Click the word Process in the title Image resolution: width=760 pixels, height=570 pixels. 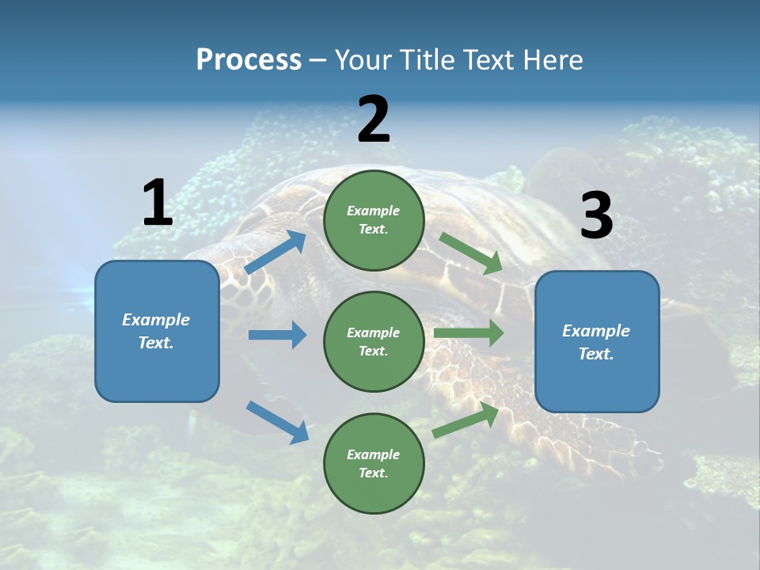(x=249, y=60)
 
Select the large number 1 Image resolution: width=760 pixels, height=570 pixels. (x=158, y=203)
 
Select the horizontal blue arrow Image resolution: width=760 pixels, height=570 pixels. (x=277, y=335)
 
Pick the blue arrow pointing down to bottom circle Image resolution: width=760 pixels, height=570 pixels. (x=277, y=422)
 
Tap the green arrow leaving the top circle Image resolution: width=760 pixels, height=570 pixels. (x=471, y=253)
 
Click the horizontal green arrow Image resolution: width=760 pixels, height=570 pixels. (x=469, y=332)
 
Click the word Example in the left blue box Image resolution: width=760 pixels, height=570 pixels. (x=156, y=320)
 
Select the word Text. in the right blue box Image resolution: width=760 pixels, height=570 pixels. (x=596, y=354)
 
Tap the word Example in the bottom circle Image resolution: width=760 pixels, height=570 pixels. (x=373, y=454)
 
